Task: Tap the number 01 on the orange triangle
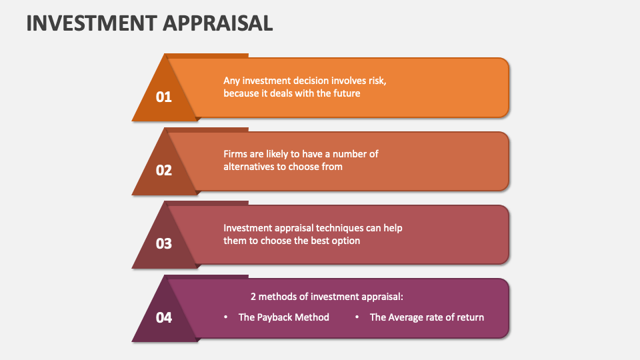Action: tap(164, 97)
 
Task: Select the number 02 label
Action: tap(164, 171)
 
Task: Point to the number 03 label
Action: tap(164, 244)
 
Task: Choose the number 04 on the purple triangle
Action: tap(164, 318)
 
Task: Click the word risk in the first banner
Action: tap(376, 80)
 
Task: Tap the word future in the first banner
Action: tap(345, 93)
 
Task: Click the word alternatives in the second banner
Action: tap(249, 167)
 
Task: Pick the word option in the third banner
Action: tap(345, 241)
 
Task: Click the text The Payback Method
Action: tap(284, 317)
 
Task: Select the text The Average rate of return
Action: tap(427, 317)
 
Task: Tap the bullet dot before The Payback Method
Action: tap(226, 317)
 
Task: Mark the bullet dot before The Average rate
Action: tap(357, 317)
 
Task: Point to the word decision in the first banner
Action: tap(313, 80)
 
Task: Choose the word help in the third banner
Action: tap(393, 227)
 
